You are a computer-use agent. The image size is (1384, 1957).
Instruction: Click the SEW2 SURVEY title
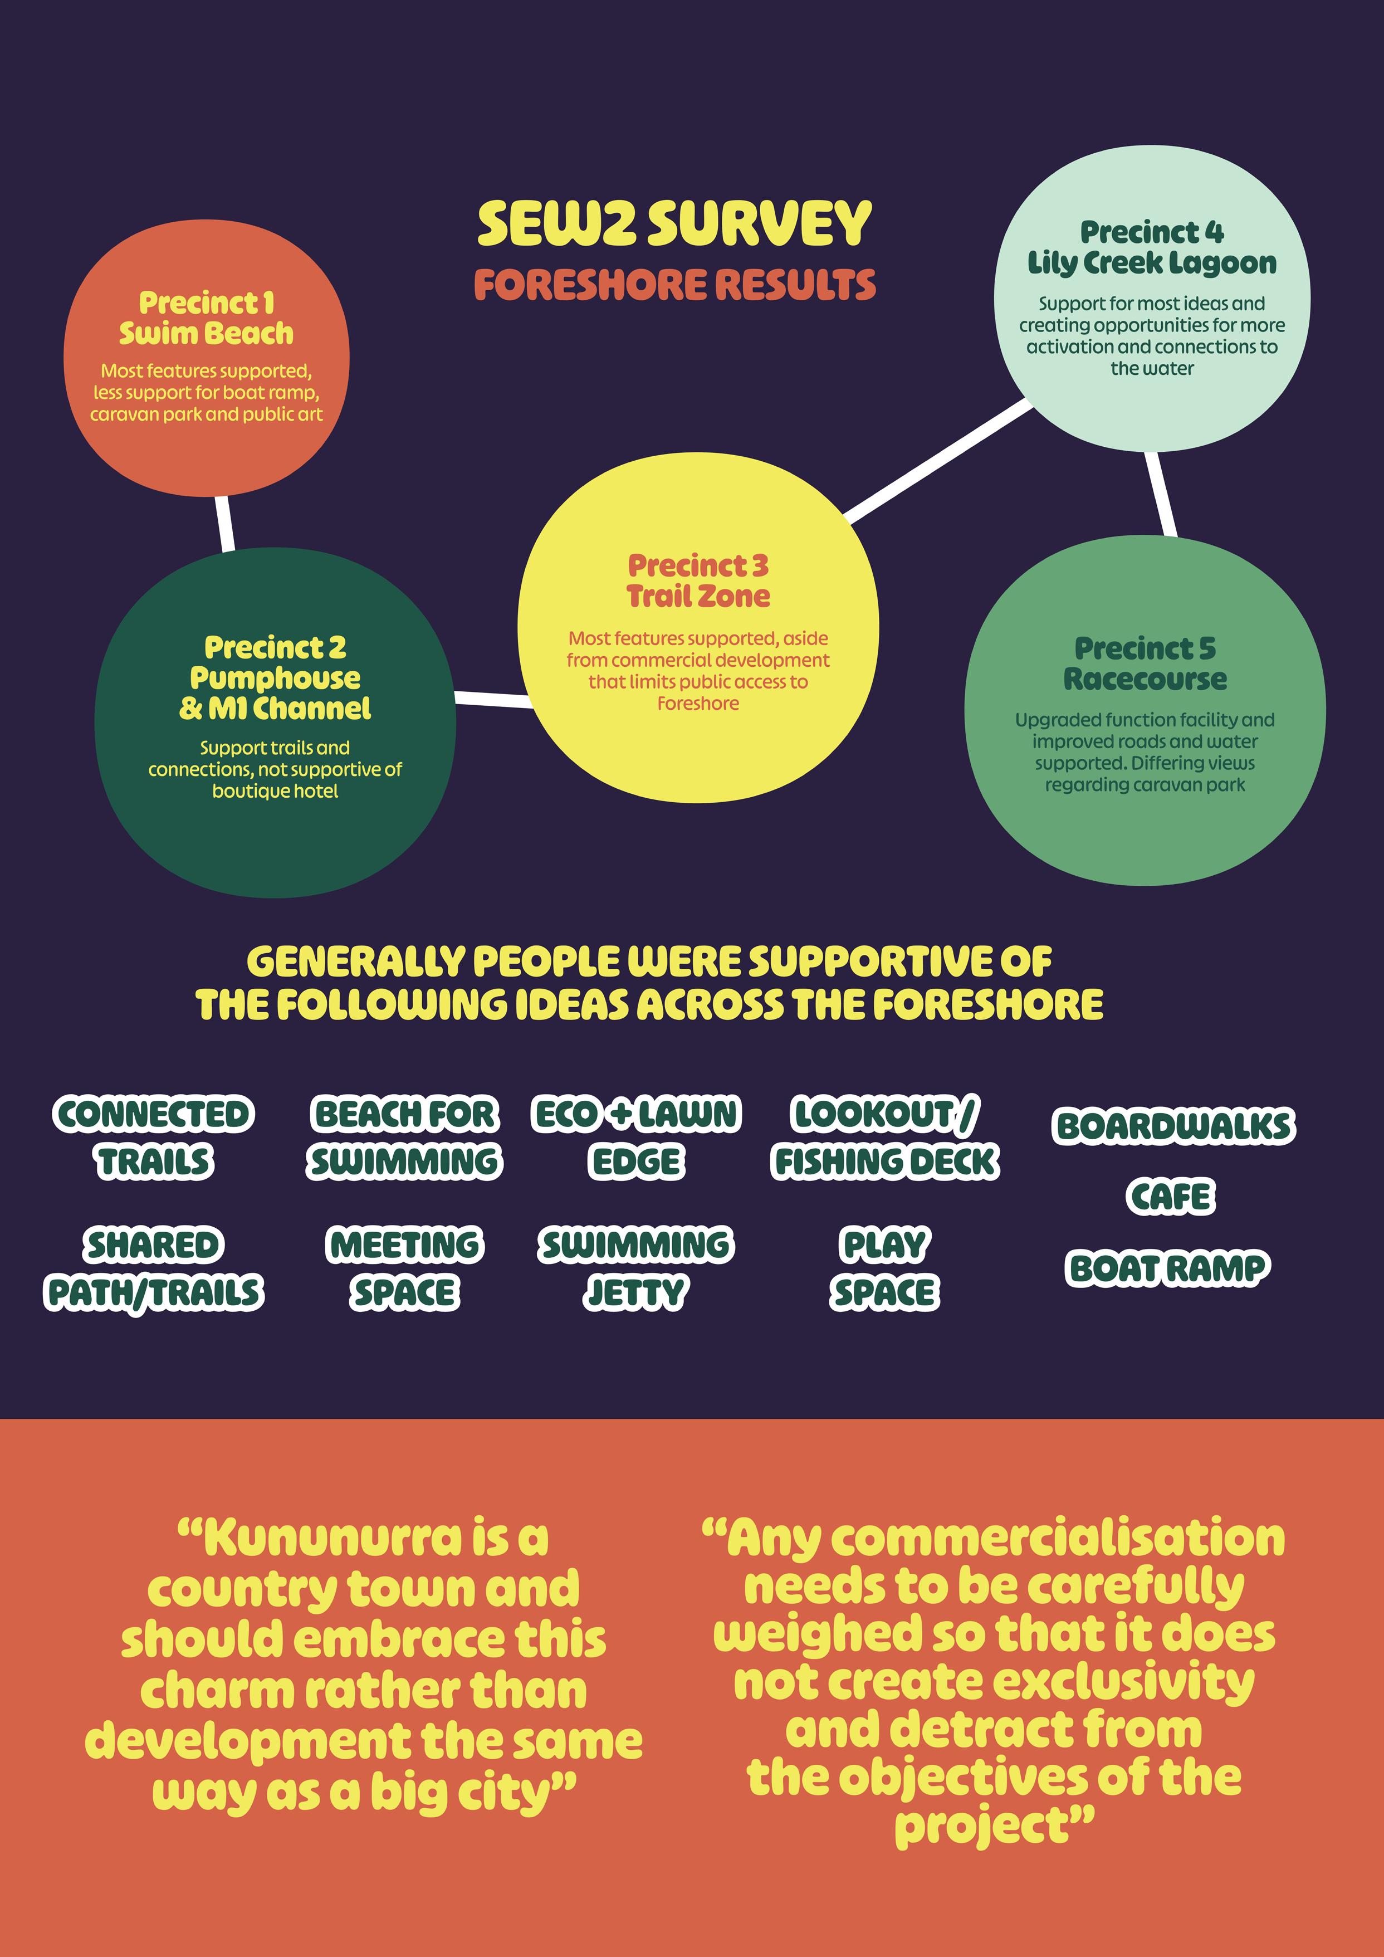click(674, 223)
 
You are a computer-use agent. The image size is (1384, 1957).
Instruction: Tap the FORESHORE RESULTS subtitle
click(674, 285)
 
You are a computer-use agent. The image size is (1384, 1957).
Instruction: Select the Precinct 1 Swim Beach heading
click(206, 318)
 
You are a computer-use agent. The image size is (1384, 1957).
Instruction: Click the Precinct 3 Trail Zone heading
click(698, 580)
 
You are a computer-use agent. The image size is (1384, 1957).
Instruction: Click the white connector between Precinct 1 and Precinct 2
click(225, 523)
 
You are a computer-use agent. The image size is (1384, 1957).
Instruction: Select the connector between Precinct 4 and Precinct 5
click(1161, 494)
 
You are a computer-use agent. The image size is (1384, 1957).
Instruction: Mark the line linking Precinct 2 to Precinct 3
click(495, 700)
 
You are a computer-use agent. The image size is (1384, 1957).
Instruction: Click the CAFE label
click(1171, 1197)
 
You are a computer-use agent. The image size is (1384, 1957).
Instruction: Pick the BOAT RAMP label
click(1167, 1268)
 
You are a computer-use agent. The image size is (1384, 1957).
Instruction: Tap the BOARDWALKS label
click(1173, 1126)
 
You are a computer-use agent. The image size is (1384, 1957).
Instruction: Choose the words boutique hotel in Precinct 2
click(275, 791)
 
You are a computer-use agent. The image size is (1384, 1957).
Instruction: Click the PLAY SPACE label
click(884, 1268)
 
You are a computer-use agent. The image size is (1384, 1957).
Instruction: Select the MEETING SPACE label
click(405, 1268)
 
